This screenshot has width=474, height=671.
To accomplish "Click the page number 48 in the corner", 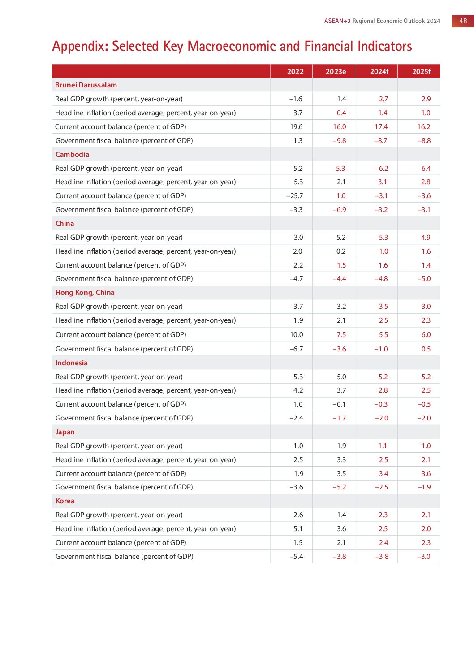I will (463, 21).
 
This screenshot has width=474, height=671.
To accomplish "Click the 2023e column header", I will (336, 71).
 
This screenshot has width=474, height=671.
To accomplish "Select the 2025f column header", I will (421, 71).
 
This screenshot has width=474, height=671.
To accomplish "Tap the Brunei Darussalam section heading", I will (86, 85).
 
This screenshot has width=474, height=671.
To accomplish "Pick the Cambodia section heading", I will (72, 154).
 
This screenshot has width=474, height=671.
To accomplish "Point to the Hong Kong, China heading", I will (85, 292).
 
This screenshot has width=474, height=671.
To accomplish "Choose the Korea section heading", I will (65, 501).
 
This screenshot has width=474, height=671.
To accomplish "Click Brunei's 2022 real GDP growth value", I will (296, 99).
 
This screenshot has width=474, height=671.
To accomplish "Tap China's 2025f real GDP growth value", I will (426, 237).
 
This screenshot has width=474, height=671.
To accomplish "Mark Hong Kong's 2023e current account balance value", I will (341, 334).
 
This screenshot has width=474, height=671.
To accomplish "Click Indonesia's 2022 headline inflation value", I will (298, 390).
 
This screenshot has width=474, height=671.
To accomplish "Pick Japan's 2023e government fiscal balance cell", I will (339, 487).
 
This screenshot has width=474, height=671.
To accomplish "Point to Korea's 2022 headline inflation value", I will (298, 528).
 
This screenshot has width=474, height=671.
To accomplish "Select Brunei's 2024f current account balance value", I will (381, 126).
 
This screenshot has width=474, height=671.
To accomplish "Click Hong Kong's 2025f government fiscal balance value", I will (426, 349).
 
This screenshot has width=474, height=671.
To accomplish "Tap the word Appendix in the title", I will (80, 46).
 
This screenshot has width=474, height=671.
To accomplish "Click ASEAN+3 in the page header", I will (337, 21).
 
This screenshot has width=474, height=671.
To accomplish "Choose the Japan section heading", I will (65, 432).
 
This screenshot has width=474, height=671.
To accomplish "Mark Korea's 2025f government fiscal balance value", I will (423, 556).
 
